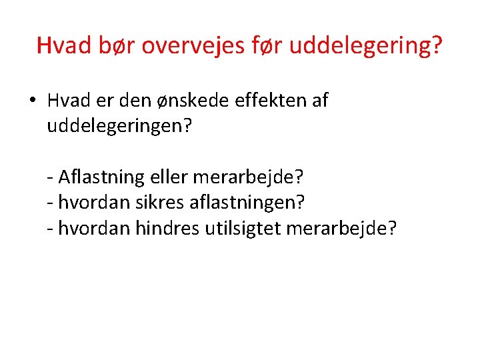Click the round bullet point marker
click(33, 101)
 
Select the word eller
click(170, 177)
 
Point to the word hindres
click(163, 229)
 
